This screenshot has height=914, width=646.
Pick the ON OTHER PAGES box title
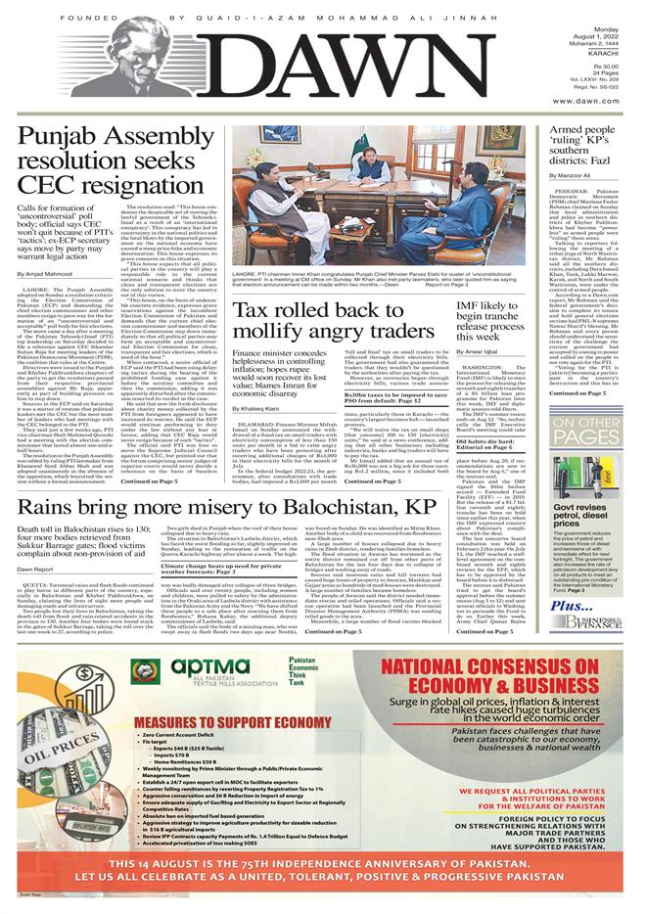coord(591,430)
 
